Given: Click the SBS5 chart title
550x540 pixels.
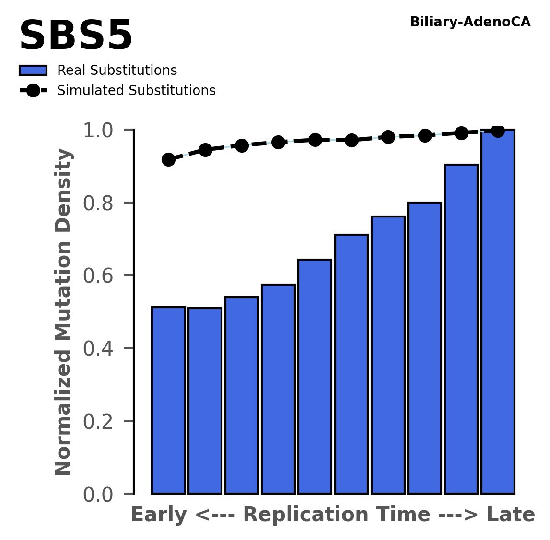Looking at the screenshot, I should click(x=76, y=36).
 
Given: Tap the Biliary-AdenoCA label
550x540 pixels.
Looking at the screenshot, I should click(x=470, y=22).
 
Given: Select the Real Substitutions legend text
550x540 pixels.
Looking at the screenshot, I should click(x=117, y=71).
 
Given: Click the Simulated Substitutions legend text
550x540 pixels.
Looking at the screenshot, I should click(x=136, y=91).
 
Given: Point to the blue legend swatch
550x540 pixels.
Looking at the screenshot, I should click(x=33, y=71).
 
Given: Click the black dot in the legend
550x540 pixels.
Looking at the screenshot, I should click(x=33, y=91).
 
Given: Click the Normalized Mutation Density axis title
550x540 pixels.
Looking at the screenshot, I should click(x=63, y=312).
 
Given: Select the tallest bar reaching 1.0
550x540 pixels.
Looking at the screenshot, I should click(x=498, y=312).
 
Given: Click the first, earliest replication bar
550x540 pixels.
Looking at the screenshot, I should click(x=168, y=400).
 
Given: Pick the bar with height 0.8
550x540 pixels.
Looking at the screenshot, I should click(x=424, y=348).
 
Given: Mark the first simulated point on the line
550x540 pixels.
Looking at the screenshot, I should click(x=168, y=159).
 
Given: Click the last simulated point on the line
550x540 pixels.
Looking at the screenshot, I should click(x=498, y=131).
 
